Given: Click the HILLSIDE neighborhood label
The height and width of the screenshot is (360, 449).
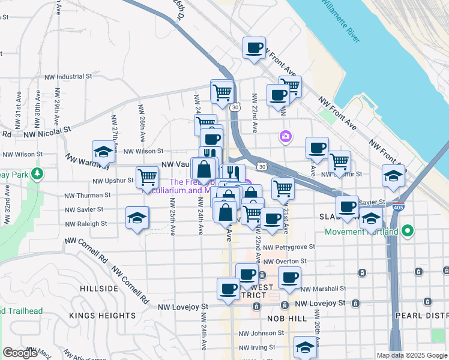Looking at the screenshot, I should [99, 289].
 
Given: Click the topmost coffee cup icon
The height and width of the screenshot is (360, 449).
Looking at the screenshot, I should [254, 47].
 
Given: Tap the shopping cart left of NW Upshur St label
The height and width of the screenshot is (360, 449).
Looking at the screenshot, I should [147, 177].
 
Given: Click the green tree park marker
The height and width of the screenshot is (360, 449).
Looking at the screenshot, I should [38, 174].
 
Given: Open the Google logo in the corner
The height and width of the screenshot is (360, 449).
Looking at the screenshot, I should [20, 353].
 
